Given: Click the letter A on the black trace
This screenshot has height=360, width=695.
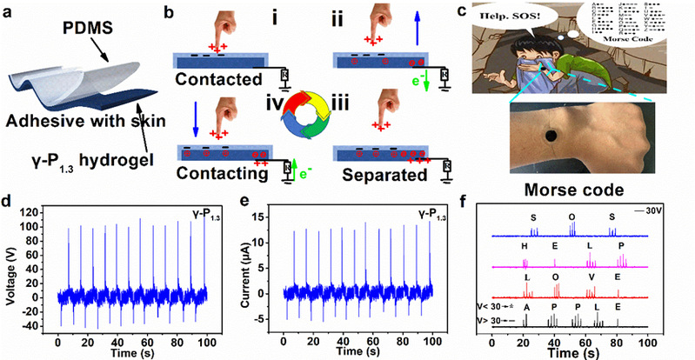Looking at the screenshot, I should (526, 308).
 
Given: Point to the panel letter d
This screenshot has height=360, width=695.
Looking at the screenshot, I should (6, 199).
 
